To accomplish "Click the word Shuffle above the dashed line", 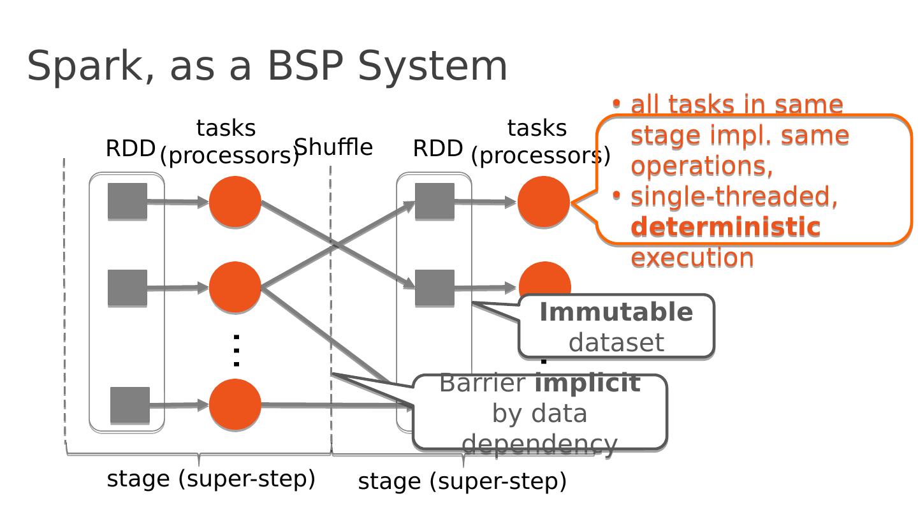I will point(333,147).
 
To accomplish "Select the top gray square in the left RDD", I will point(127,201).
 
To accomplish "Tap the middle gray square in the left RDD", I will point(127,288).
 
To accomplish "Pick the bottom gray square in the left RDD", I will point(130,405).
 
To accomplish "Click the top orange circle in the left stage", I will point(235,202).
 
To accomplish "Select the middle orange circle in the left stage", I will point(235,288).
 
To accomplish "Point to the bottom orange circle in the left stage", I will point(235,405).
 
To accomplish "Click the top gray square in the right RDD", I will point(435,201).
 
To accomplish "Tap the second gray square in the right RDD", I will point(435,288).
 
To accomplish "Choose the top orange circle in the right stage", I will point(543,202).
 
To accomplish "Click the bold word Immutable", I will point(616,312).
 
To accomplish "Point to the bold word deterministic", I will point(725,226).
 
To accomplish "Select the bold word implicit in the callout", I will point(587,383).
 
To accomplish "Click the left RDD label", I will point(130,149).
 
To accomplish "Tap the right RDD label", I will point(437,149).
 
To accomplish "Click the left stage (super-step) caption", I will point(211,479).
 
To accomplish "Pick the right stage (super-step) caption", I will point(462,481).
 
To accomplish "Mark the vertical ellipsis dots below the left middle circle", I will point(236,350).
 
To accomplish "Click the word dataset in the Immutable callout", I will point(616,343).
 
